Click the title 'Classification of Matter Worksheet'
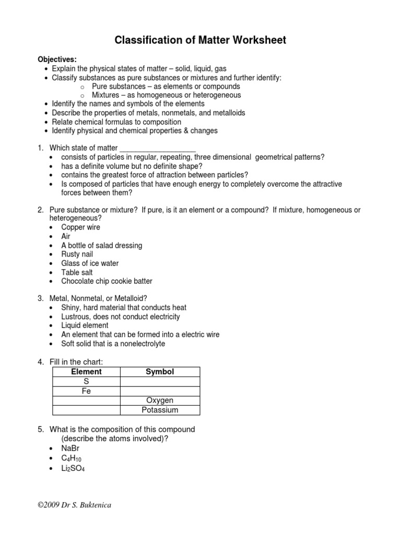pyautogui.click(x=200, y=40)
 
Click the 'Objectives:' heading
pyautogui.click(x=57, y=59)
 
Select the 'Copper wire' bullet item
pyautogui.click(x=80, y=227)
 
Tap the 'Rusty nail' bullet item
pyautogui.click(x=77, y=254)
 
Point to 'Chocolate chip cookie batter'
pyautogui.click(x=107, y=281)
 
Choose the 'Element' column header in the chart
pyautogui.click(x=86, y=372)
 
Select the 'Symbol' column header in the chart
pyautogui.click(x=160, y=372)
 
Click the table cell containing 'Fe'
pyautogui.click(x=86, y=391)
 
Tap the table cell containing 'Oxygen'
pyautogui.click(x=160, y=400)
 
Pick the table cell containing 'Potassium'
pyautogui.click(x=160, y=410)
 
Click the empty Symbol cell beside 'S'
pyautogui.click(x=160, y=382)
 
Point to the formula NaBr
pyautogui.click(x=71, y=448)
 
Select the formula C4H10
pyautogui.click(x=71, y=458)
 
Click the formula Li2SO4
pyautogui.click(x=73, y=468)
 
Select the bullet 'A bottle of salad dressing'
pyautogui.click(x=101, y=246)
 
